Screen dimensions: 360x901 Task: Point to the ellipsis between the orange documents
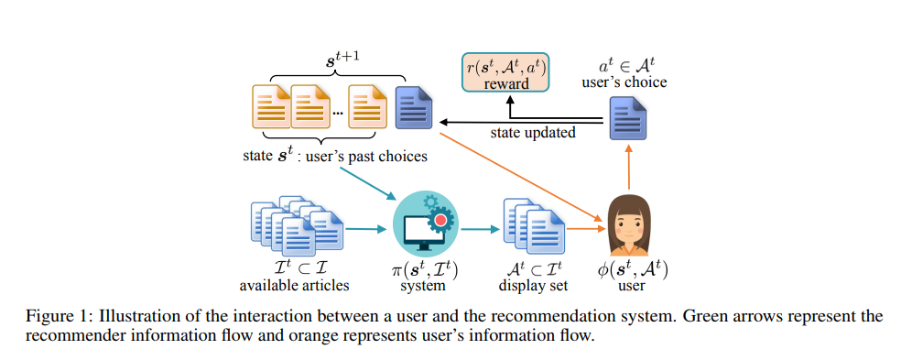point(338,112)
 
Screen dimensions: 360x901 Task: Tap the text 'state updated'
point(532,133)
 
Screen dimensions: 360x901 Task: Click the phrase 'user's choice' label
point(624,82)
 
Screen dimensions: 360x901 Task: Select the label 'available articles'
point(295,286)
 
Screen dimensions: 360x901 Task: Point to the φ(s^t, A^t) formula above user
point(629,269)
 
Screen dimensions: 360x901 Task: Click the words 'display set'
point(534,286)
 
